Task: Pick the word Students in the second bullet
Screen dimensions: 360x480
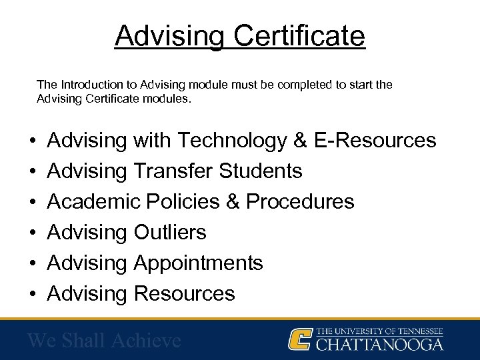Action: [262, 171]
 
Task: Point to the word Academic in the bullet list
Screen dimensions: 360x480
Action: [89, 201]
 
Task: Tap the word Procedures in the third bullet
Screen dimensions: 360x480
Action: [301, 201]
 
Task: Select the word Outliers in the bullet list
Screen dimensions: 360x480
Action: [170, 232]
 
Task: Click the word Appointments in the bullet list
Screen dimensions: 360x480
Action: [199, 263]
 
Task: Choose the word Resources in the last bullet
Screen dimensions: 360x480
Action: [185, 293]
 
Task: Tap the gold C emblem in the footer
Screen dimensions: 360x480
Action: [299, 339]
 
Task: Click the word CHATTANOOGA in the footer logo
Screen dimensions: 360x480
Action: [379, 345]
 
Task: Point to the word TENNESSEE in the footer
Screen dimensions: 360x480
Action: [418, 331]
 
